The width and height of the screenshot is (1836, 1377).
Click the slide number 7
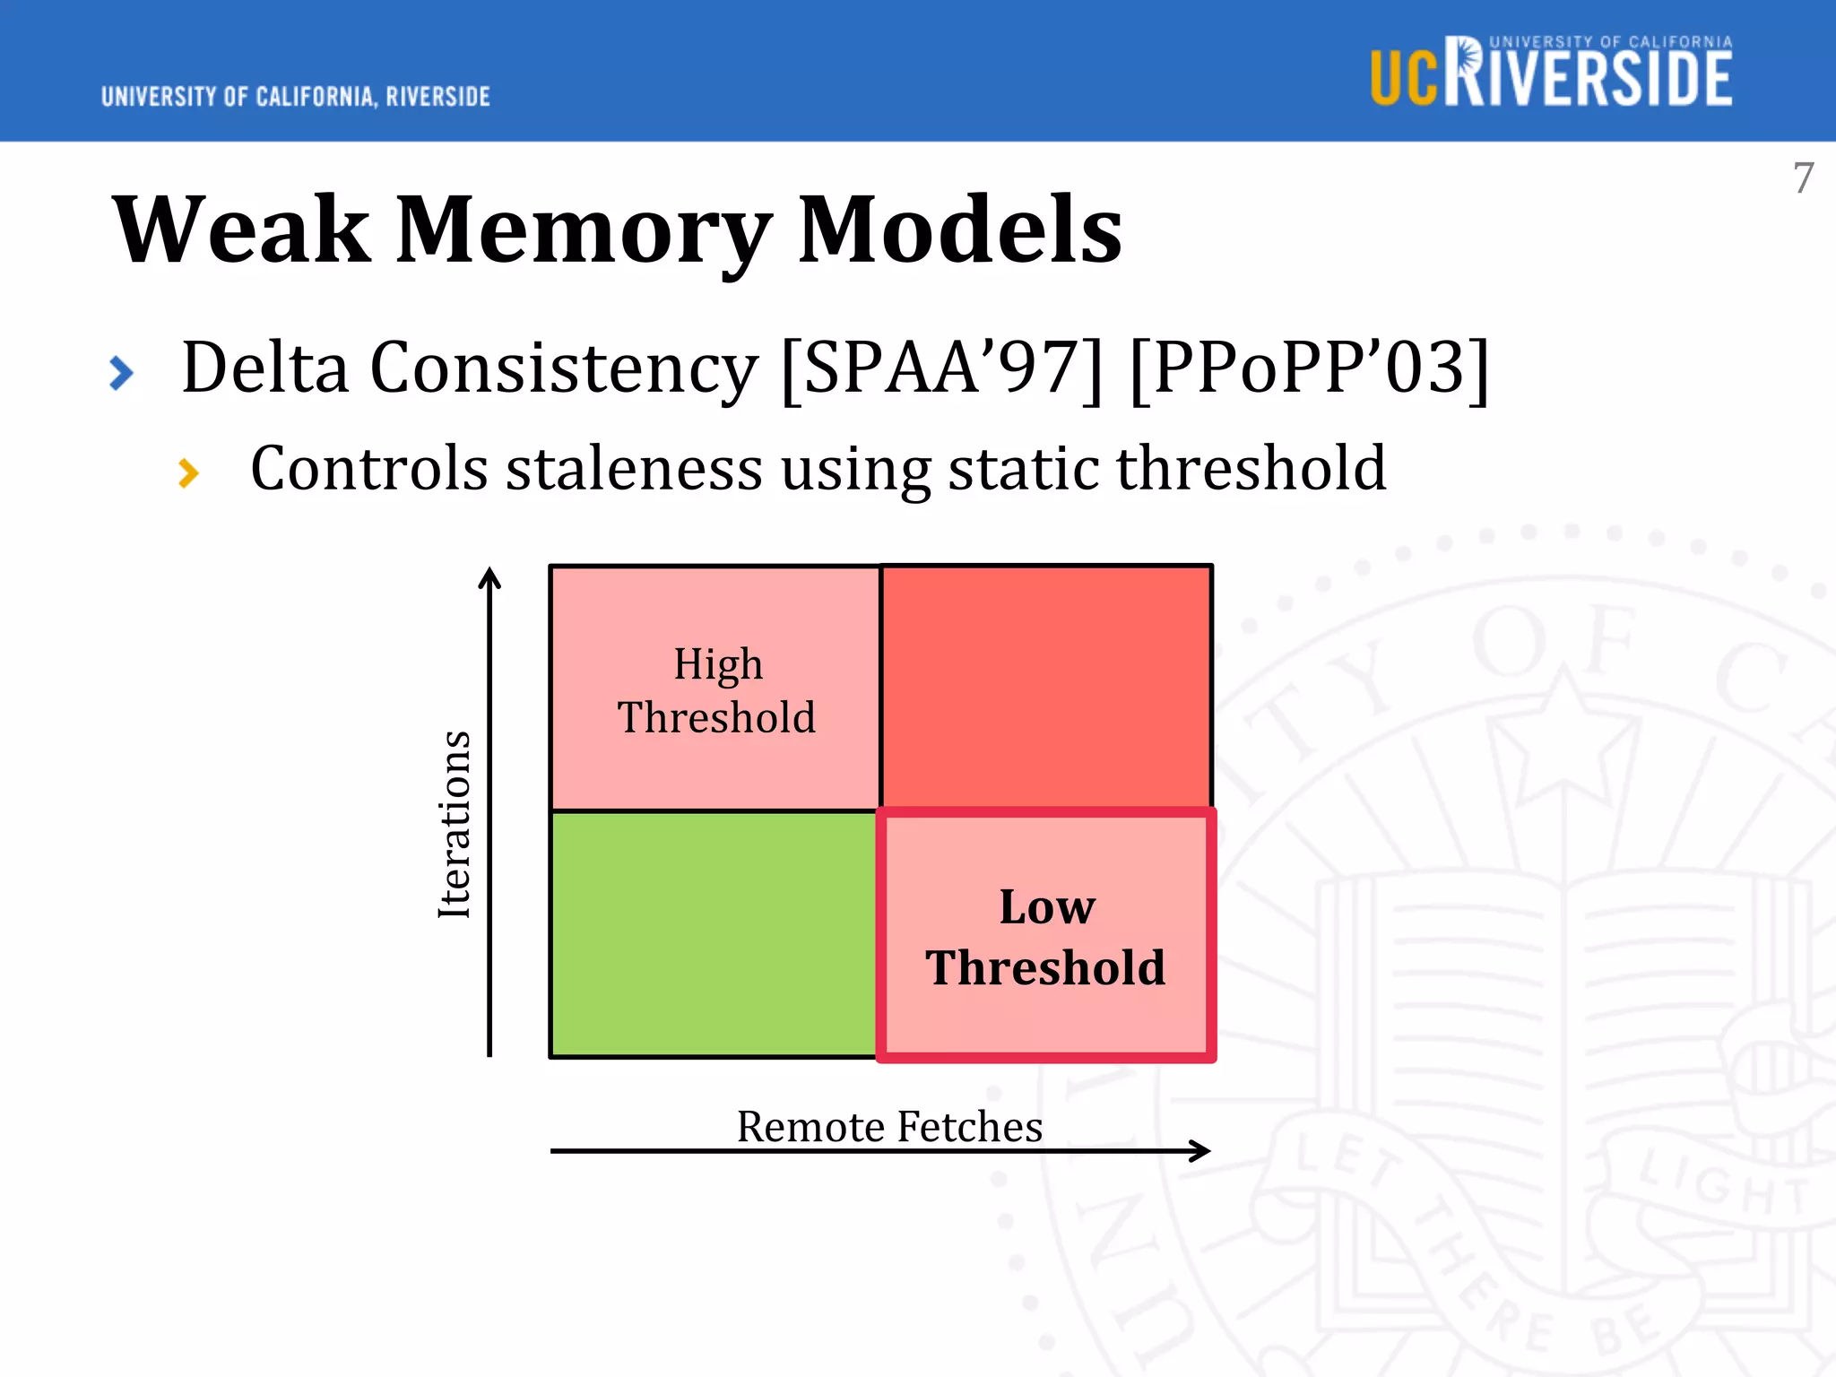click(1803, 178)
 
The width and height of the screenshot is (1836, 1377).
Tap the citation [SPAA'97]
click(941, 368)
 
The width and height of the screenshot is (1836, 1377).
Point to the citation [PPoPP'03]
click(1310, 368)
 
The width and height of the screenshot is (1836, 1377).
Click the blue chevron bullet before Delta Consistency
click(121, 373)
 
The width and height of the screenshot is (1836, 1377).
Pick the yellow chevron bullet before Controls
click(188, 472)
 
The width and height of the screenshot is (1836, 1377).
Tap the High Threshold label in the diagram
click(717, 690)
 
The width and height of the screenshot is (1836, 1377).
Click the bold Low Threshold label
click(1046, 937)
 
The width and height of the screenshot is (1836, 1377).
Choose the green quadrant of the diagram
click(714, 935)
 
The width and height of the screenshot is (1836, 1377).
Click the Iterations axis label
click(455, 825)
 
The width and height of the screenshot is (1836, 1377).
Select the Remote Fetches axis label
click(889, 1126)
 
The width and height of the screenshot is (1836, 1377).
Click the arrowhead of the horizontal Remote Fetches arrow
click(1201, 1151)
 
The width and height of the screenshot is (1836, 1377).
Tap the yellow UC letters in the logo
click(1404, 78)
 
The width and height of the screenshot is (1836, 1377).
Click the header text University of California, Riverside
click(296, 97)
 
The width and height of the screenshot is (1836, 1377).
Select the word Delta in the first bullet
click(264, 368)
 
